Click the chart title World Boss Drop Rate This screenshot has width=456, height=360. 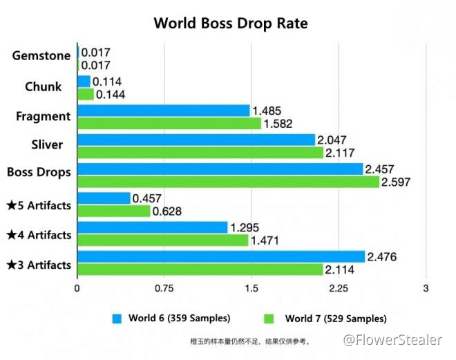[230, 23]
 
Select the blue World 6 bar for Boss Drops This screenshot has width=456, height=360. [220, 169]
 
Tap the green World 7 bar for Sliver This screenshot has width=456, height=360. [200, 152]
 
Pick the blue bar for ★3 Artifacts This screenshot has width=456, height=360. [220, 256]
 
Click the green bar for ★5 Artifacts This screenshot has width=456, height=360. [113, 211]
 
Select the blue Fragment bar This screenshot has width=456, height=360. [163, 111]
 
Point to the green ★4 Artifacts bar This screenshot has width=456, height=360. [162, 240]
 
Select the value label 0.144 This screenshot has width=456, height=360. [110, 94]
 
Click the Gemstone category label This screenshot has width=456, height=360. [41, 55]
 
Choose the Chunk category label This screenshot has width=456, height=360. [43, 86]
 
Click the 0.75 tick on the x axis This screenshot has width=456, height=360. [164, 287]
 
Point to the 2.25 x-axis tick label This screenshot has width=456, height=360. [339, 287]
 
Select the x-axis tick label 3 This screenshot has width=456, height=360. [426, 287]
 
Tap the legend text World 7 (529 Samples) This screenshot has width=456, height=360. [335, 319]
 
